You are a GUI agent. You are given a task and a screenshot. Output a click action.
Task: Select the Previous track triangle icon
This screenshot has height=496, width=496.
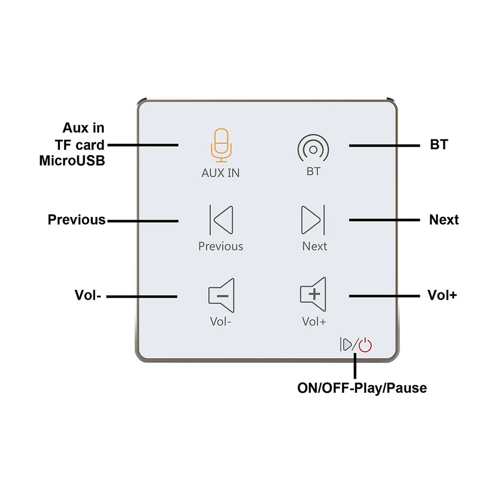click(x=221, y=219)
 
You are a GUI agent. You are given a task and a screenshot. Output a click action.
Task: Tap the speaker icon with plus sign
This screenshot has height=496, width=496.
click(x=314, y=293)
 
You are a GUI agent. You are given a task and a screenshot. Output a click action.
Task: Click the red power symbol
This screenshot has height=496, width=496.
click(x=365, y=345)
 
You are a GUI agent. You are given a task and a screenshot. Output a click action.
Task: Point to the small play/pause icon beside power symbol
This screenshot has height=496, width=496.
click(x=346, y=345)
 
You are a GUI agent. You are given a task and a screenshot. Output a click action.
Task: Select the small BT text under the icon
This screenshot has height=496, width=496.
click(x=313, y=172)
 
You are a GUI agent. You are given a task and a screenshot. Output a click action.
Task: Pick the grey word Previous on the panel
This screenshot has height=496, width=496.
click(x=221, y=246)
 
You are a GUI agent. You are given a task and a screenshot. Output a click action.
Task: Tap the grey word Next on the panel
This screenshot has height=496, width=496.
click(x=314, y=246)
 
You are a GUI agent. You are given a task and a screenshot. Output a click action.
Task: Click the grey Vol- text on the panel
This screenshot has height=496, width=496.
click(x=221, y=321)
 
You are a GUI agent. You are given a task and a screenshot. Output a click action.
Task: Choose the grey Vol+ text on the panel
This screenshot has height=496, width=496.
click(x=314, y=321)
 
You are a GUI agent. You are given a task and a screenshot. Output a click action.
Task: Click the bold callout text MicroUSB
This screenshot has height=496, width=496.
click(x=72, y=161)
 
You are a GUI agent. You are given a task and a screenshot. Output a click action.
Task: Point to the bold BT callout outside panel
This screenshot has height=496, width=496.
click(x=439, y=145)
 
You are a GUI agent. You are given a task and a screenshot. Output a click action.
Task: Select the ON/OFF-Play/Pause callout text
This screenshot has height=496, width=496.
click(x=362, y=388)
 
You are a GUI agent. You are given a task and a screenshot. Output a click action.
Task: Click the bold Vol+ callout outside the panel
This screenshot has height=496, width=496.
click(x=442, y=296)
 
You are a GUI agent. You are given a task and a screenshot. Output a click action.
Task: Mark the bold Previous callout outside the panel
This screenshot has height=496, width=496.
click(x=76, y=220)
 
